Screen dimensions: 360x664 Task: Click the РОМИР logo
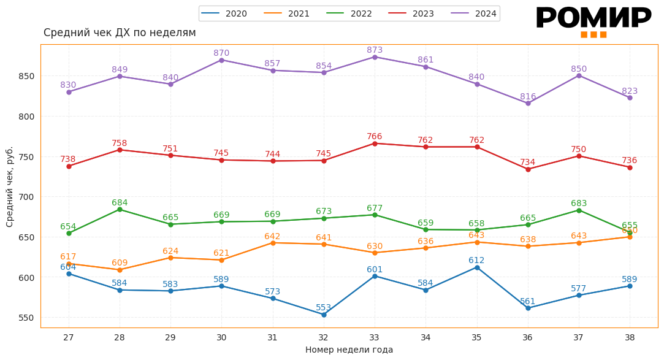pos(593,20)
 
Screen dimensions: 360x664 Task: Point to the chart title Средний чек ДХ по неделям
pos(120,33)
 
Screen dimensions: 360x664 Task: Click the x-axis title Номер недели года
pos(349,350)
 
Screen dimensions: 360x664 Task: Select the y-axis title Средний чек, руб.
pos(10,186)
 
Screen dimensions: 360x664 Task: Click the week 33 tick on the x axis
pos(375,337)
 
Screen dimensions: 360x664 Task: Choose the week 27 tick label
pos(68,337)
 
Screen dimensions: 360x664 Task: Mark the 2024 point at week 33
pos(375,57)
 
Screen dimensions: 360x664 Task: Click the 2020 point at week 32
pos(324,315)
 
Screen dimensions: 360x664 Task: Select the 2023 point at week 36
pos(528,169)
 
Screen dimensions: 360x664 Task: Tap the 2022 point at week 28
pos(120,210)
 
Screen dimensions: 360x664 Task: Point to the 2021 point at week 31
pos(273,243)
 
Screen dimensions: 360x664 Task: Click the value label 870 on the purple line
pos(221,53)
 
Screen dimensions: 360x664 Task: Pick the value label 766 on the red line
pos(375,137)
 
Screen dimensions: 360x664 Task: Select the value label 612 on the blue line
pos(476,261)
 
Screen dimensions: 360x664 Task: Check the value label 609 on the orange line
pos(120,263)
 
